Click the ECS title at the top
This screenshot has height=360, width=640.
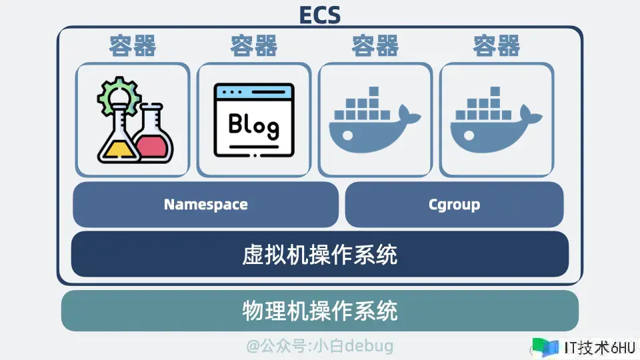[320, 15]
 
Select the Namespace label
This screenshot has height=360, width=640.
[206, 205]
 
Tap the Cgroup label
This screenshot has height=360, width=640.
[454, 205]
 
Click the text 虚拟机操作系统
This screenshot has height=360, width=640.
[319, 255]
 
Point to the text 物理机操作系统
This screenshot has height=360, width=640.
[319, 311]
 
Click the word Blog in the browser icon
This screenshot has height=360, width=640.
[254, 125]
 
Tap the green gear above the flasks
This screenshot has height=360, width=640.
[119, 95]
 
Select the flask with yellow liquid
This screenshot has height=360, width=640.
[119, 134]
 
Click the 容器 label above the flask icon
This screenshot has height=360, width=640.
[133, 45]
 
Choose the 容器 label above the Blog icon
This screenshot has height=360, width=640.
[254, 45]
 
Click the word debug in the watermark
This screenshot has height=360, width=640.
[369, 346]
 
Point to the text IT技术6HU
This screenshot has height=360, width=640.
[599, 348]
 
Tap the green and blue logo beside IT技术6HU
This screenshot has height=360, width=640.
[545, 347]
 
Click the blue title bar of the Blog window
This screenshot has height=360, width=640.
[254, 92]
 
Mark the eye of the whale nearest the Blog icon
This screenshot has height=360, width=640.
[348, 135]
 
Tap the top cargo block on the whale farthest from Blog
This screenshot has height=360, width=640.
[495, 91]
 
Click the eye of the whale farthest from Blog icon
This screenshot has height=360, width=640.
[469, 135]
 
